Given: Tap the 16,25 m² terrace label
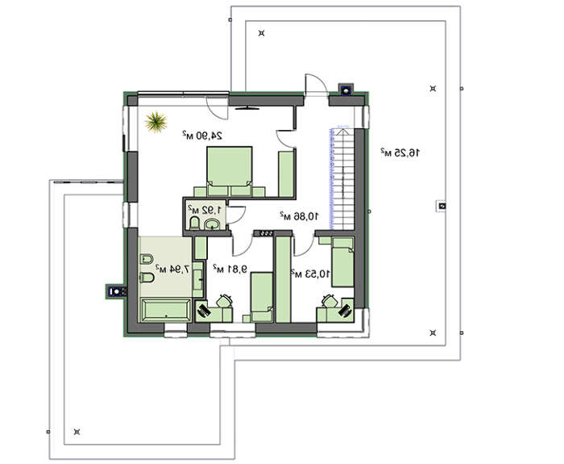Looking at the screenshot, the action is tap(400, 153).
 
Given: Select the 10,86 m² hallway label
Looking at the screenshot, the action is tap(299, 215).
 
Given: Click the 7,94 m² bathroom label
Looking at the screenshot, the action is tap(172, 269).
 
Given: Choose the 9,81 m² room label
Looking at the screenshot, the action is tap(230, 269).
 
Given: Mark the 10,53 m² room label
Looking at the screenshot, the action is tap(310, 274).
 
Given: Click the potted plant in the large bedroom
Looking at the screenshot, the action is tap(156, 122).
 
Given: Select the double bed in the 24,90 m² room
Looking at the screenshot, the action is tap(229, 171).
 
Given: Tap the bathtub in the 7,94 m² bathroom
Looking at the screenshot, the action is tap(166, 310).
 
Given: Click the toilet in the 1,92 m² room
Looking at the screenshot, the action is tap(194, 223).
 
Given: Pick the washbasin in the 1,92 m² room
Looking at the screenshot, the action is tap(213, 225).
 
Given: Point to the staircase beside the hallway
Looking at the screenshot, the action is tap(342, 178).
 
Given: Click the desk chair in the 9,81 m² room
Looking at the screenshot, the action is tap(225, 300).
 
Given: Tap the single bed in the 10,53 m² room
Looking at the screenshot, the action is tap(342, 262).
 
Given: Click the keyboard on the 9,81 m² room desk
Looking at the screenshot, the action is tap(203, 310).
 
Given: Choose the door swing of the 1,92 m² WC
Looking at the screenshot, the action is tap(237, 215).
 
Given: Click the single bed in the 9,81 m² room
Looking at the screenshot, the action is tap(262, 297).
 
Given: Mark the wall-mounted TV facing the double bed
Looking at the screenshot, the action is tap(247, 107).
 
